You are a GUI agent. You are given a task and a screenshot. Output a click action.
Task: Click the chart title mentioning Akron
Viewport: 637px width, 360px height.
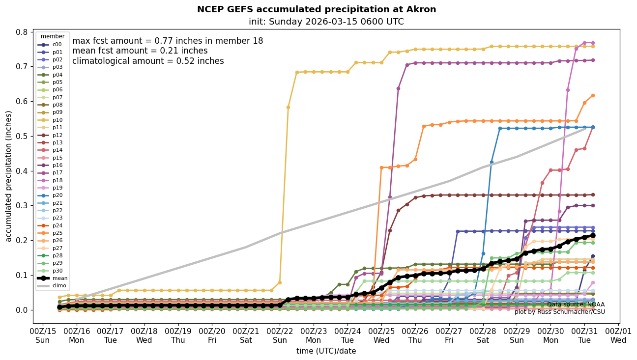(317, 9)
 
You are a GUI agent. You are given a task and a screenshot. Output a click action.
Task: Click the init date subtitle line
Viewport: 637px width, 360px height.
(326, 22)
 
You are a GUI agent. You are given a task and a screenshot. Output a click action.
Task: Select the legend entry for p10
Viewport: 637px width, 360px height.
(57, 120)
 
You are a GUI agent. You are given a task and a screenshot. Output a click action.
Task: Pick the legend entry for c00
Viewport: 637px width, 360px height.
(57, 45)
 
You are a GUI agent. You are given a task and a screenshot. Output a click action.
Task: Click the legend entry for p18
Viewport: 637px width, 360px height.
(57, 180)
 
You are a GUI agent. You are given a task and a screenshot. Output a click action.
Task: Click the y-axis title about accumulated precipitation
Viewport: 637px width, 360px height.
(8, 176)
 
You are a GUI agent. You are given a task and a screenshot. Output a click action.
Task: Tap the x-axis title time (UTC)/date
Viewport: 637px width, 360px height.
(326, 351)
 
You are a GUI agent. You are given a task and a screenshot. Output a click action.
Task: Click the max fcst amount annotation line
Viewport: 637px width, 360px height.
(168, 41)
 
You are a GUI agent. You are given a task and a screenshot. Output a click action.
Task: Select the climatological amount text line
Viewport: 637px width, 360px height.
(148, 61)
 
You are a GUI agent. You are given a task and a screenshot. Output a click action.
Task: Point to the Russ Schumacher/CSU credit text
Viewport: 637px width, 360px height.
(559, 312)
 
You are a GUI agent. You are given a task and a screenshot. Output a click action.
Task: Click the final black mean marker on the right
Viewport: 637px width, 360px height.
(593, 236)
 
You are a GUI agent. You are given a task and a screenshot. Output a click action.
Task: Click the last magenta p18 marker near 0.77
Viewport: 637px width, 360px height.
(593, 43)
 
